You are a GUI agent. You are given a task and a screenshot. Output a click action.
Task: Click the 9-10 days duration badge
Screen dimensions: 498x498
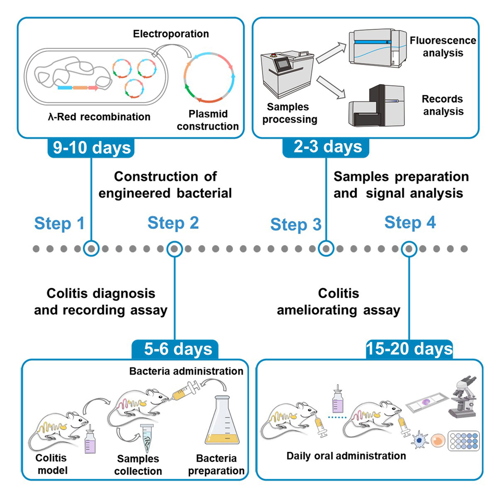(x=90, y=148)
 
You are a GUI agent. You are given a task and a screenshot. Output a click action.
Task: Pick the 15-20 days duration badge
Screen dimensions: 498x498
(x=409, y=348)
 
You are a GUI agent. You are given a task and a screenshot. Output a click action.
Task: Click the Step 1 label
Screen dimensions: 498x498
(x=59, y=223)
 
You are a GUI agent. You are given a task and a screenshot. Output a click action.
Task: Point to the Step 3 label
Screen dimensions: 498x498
(x=295, y=224)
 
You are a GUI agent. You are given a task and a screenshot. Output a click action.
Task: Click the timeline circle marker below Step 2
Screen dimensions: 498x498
(x=174, y=248)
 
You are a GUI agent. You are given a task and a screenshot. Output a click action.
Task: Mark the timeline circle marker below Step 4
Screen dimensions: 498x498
(x=409, y=248)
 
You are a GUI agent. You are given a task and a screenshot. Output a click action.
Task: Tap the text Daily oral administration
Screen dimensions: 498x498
(x=346, y=456)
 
